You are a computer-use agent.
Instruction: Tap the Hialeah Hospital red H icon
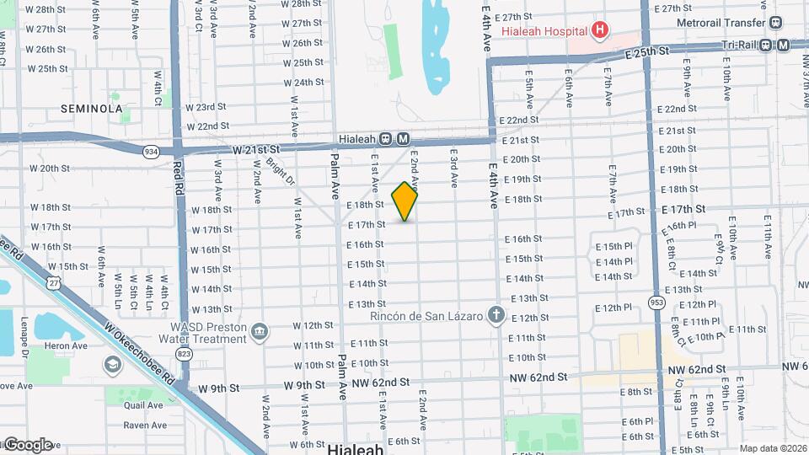pyautogui.click(x=600, y=31)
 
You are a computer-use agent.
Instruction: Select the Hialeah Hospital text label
pyautogui.click(x=544, y=32)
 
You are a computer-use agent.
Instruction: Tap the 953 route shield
pyautogui.click(x=656, y=301)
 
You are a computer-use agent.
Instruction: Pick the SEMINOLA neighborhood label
pyautogui.click(x=92, y=109)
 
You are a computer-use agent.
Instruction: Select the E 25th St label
pyautogui.click(x=646, y=52)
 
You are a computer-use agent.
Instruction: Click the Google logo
pyautogui.click(x=27, y=444)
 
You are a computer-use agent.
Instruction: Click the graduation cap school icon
pyautogui.click(x=112, y=364)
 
